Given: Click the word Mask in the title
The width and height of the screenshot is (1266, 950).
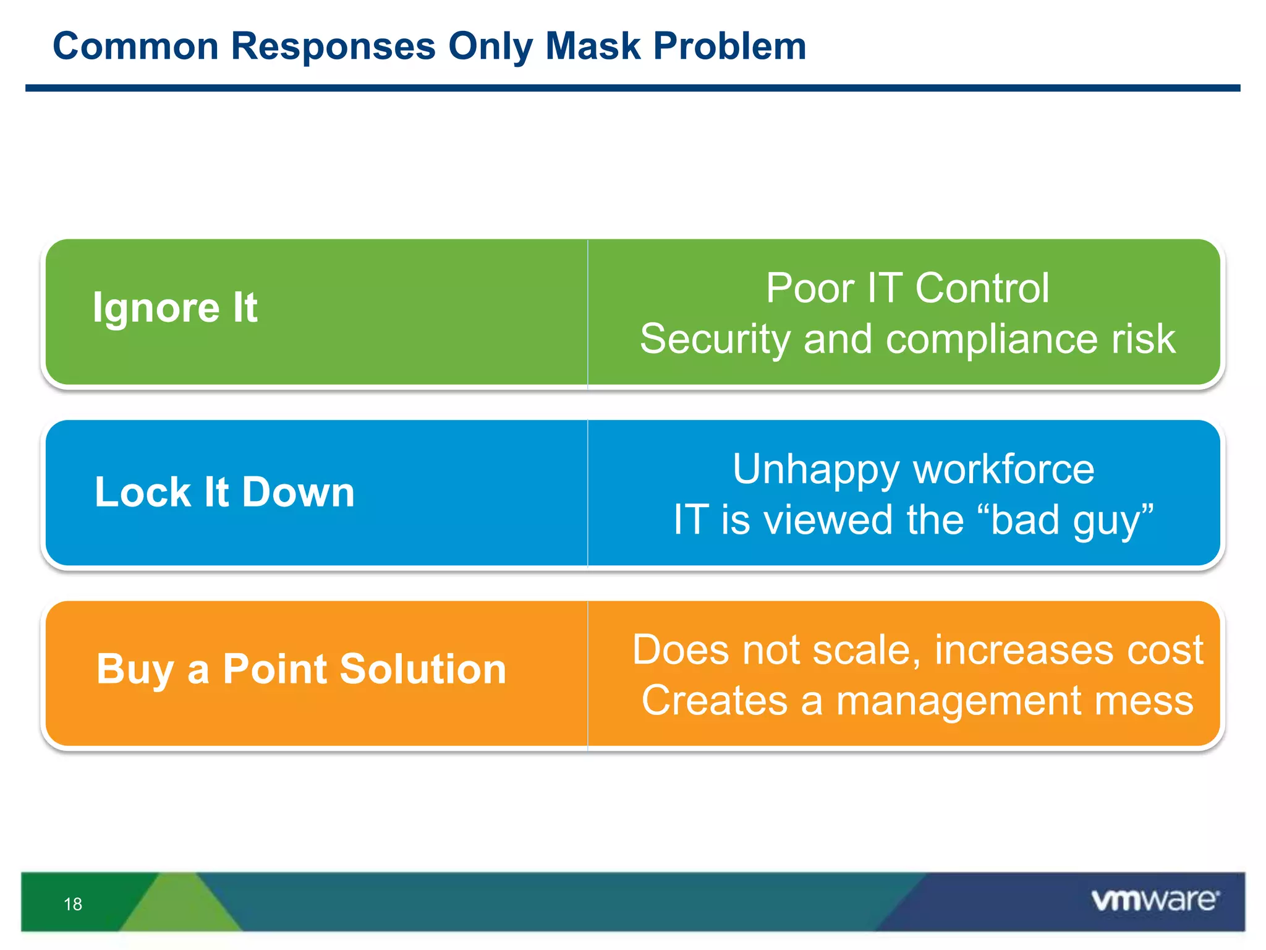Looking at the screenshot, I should (593, 46).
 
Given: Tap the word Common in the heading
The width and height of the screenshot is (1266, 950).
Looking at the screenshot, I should (136, 46).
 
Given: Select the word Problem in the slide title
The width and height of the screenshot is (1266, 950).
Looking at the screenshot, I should (729, 46).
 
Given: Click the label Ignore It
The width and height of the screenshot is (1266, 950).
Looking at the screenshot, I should (175, 307).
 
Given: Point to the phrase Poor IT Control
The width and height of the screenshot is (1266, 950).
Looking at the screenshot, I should (907, 288).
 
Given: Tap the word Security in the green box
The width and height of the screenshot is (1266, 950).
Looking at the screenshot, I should (715, 339).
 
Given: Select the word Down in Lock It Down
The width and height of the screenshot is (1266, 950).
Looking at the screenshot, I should (298, 492).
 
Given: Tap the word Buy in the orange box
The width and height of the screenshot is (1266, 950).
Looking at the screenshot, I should (135, 670).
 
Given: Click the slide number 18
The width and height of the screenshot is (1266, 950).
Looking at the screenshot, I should (73, 904).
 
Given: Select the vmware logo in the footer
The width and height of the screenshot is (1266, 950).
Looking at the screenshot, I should (1154, 900).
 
